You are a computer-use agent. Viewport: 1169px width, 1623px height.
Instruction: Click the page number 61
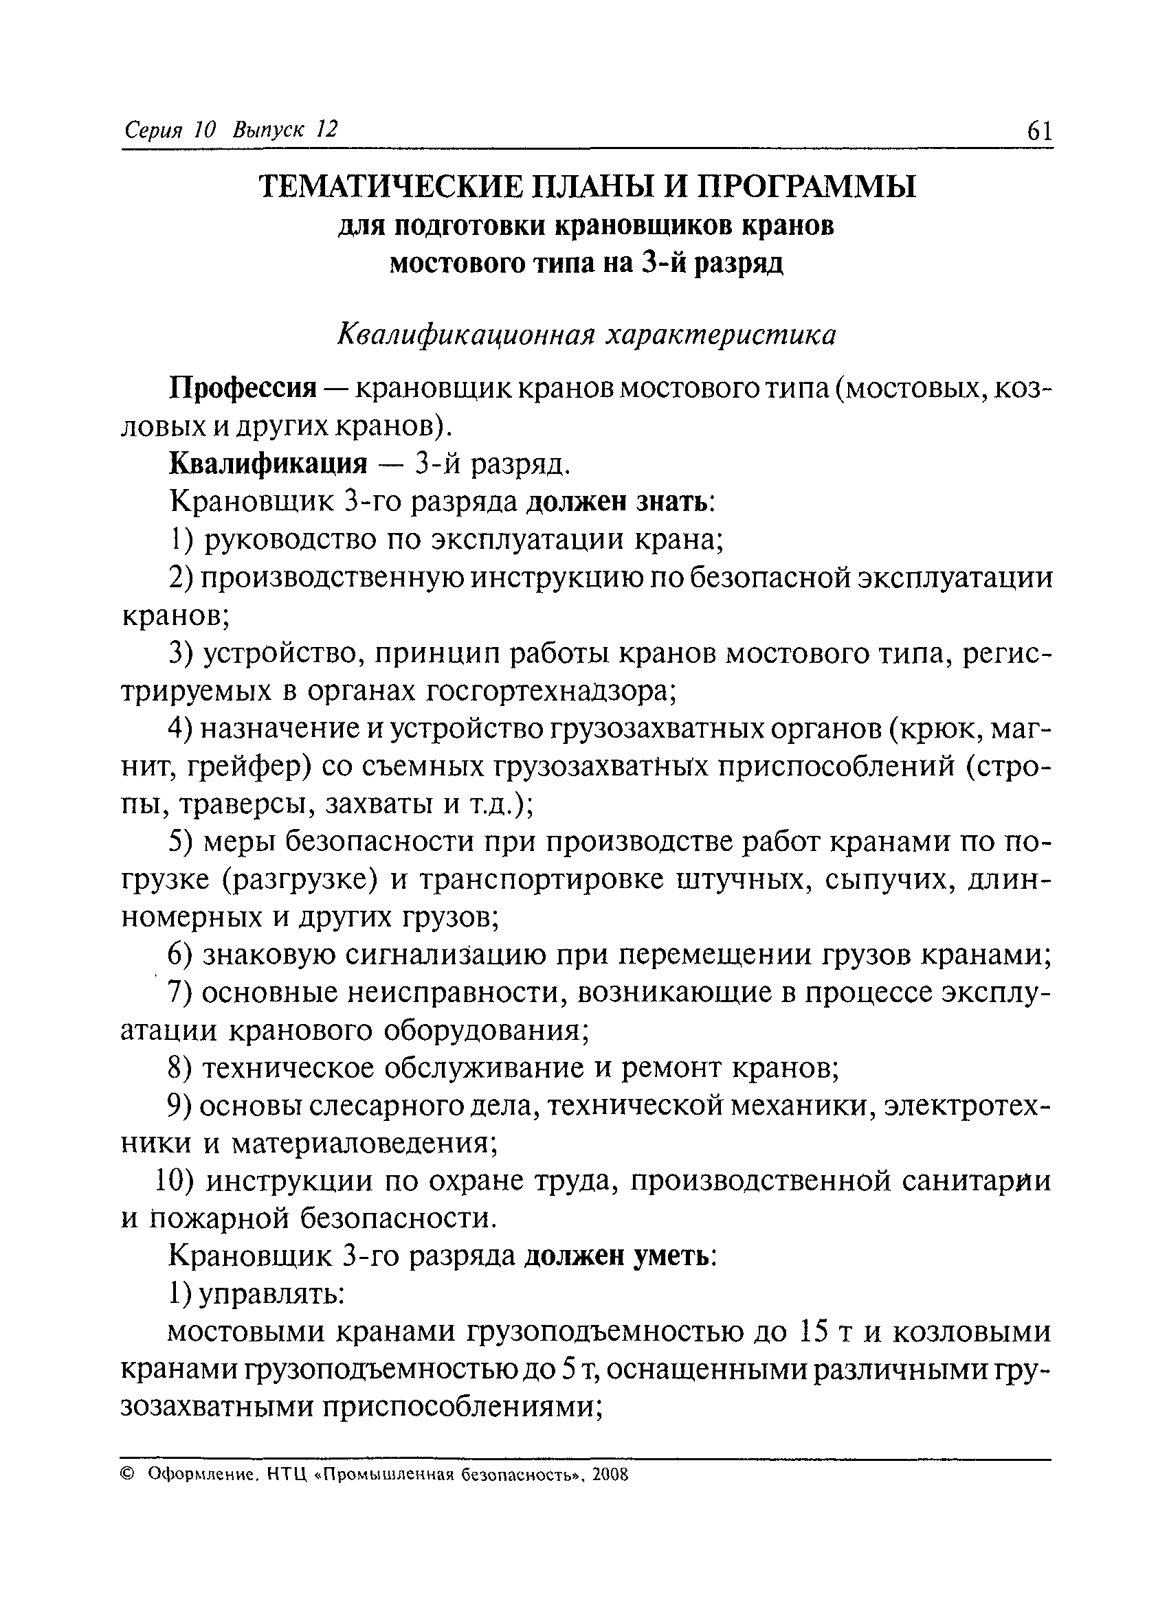click(x=1039, y=131)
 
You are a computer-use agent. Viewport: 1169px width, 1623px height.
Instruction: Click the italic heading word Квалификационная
click(x=465, y=335)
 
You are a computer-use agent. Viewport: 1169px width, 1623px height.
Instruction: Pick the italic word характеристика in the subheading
click(x=720, y=335)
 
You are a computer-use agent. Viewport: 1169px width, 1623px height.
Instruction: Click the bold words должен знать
click(x=619, y=502)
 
